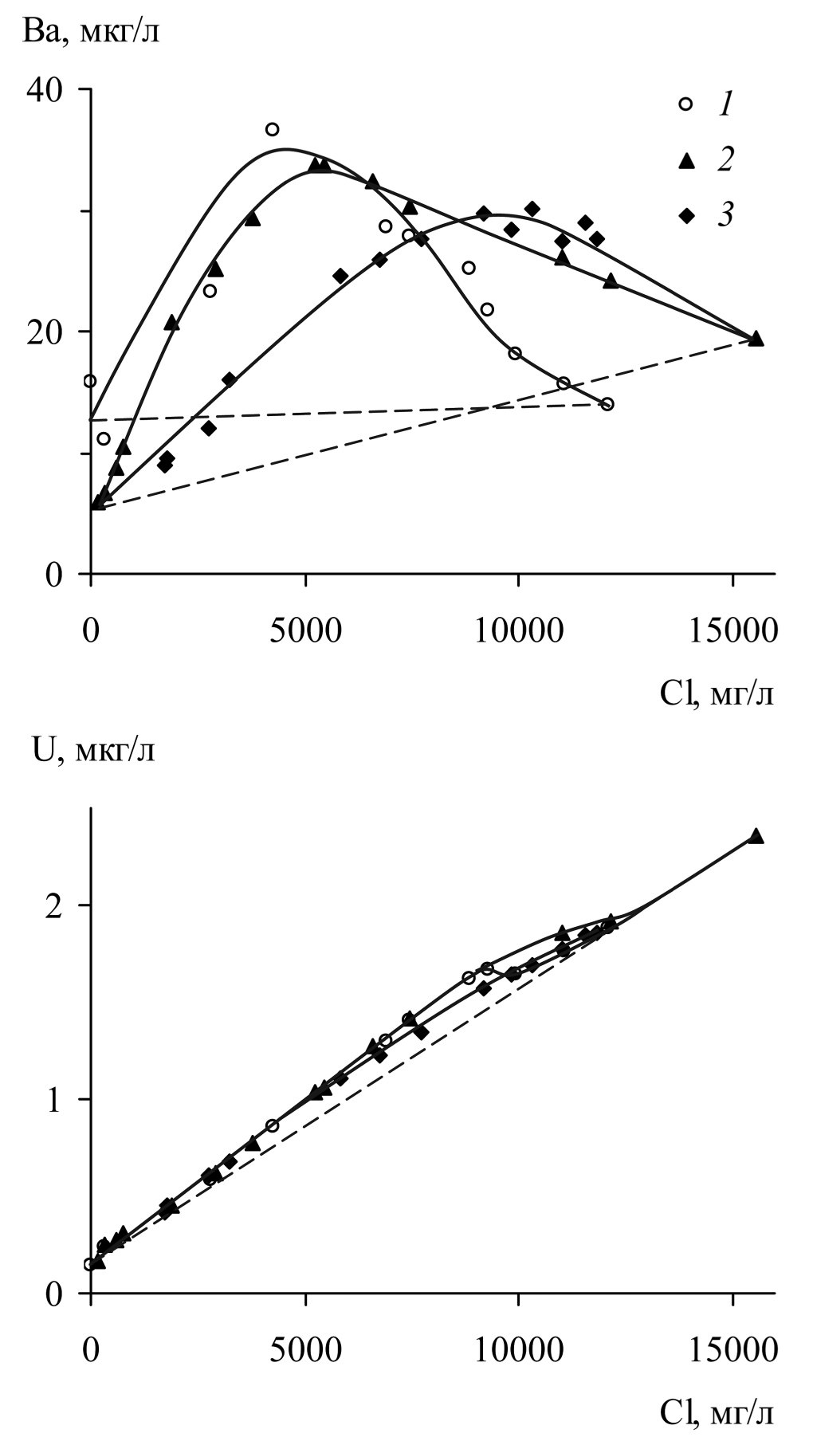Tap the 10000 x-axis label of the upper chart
pyautogui.click(x=518, y=630)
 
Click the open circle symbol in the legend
pyautogui.click(x=685, y=104)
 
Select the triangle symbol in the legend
pyautogui.click(x=685, y=161)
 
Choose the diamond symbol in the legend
pyautogui.click(x=685, y=215)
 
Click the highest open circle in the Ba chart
pyautogui.click(x=273, y=129)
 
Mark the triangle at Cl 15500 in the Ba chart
pyautogui.click(x=756, y=339)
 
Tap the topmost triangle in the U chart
pyautogui.click(x=756, y=836)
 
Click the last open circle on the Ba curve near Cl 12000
pyautogui.click(x=607, y=404)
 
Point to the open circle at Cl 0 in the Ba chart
pyautogui.click(x=90, y=381)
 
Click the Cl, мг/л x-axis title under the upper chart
pyautogui.click(x=717, y=694)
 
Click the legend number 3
pyautogui.click(x=725, y=215)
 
